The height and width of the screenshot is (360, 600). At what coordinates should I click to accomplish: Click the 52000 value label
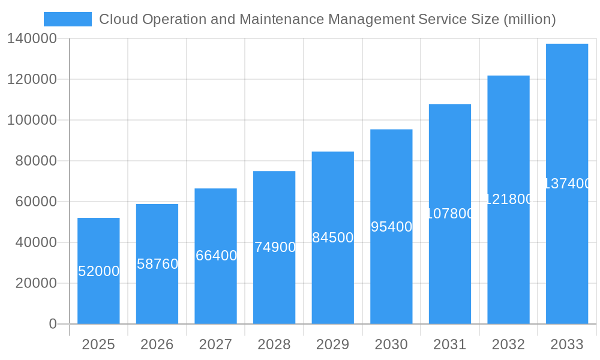click(x=99, y=271)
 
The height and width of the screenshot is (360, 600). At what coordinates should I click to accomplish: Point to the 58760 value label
click(x=157, y=264)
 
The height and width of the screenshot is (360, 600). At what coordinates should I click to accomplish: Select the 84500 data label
click(x=333, y=238)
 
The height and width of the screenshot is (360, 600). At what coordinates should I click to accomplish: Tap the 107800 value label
click(x=450, y=214)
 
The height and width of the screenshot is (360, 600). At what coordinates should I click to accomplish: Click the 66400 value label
click(x=216, y=256)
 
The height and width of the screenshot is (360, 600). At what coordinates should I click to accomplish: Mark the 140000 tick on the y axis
click(x=32, y=39)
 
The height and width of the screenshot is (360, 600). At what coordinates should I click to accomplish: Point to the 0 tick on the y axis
click(x=53, y=324)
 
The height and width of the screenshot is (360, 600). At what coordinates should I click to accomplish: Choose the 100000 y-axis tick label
click(x=32, y=120)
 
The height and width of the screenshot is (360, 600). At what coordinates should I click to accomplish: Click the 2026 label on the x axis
click(x=157, y=344)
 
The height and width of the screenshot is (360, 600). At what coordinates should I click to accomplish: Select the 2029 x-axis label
click(x=333, y=344)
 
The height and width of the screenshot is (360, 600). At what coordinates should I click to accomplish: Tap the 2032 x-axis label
click(x=508, y=344)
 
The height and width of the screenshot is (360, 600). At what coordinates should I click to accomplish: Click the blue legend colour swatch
click(x=68, y=19)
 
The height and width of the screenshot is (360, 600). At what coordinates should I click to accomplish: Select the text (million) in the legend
click(x=529, y=19)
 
